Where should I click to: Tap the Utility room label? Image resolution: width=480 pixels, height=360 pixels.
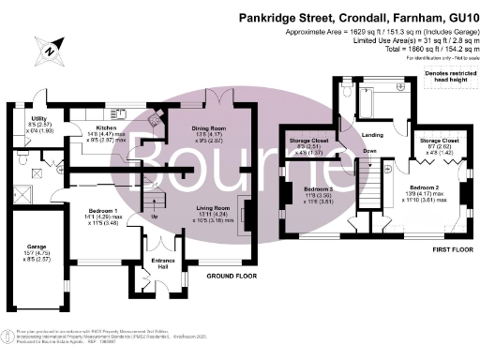pyautogui.click(x=37, y=118)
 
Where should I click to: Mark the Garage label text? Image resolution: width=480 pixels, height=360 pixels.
pyautogui.click(x=37, y=247)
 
